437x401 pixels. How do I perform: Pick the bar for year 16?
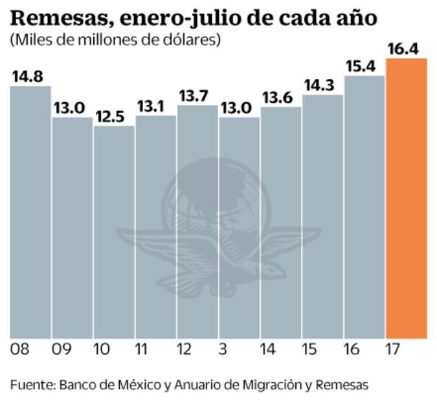point(364,207)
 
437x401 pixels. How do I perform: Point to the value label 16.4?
point(405,49)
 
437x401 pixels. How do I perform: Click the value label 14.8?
point(28,76)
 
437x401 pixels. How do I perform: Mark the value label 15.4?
point(363,67)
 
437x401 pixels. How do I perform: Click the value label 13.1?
point(154,106)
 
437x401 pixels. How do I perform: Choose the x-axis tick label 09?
point(62,350)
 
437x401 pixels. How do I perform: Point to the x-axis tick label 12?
point(184,350)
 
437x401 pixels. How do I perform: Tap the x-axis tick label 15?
point(309,350)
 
